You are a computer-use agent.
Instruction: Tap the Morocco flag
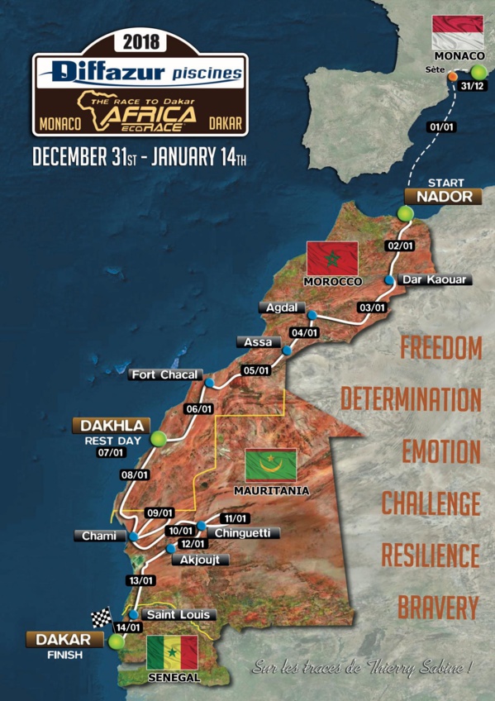pos(331,259)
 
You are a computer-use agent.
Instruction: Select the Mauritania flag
pos(271,466)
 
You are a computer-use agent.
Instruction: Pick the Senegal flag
pos(172,652)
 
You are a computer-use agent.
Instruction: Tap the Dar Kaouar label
pos(435,279)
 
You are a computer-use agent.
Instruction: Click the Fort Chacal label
pos(165,375)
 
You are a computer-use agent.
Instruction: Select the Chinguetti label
pos(242,533)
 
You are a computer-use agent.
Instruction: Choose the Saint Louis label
pos(179,614)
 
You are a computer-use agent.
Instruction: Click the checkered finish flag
pos(101,617)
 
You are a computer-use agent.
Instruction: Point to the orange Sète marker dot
pos(453,77)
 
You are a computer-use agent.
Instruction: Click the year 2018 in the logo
pos(140,42)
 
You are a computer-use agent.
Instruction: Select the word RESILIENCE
pos(430,554)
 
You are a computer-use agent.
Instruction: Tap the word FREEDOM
pos(440,348)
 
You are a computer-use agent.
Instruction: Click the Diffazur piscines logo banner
pos(140,73)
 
